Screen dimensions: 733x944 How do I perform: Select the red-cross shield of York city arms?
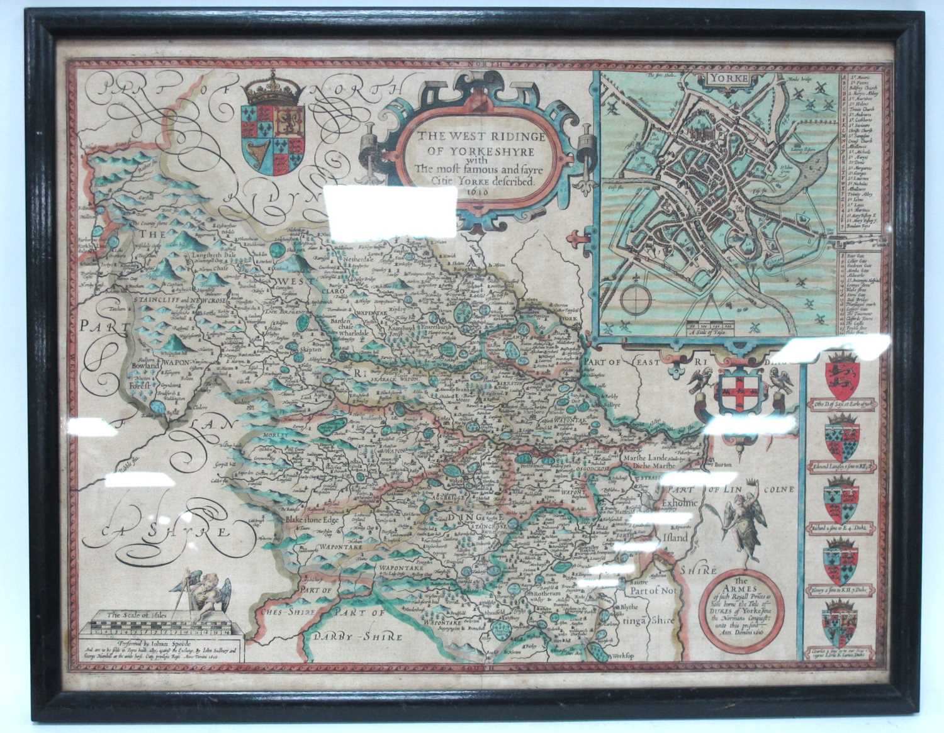[x=735, y=393]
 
